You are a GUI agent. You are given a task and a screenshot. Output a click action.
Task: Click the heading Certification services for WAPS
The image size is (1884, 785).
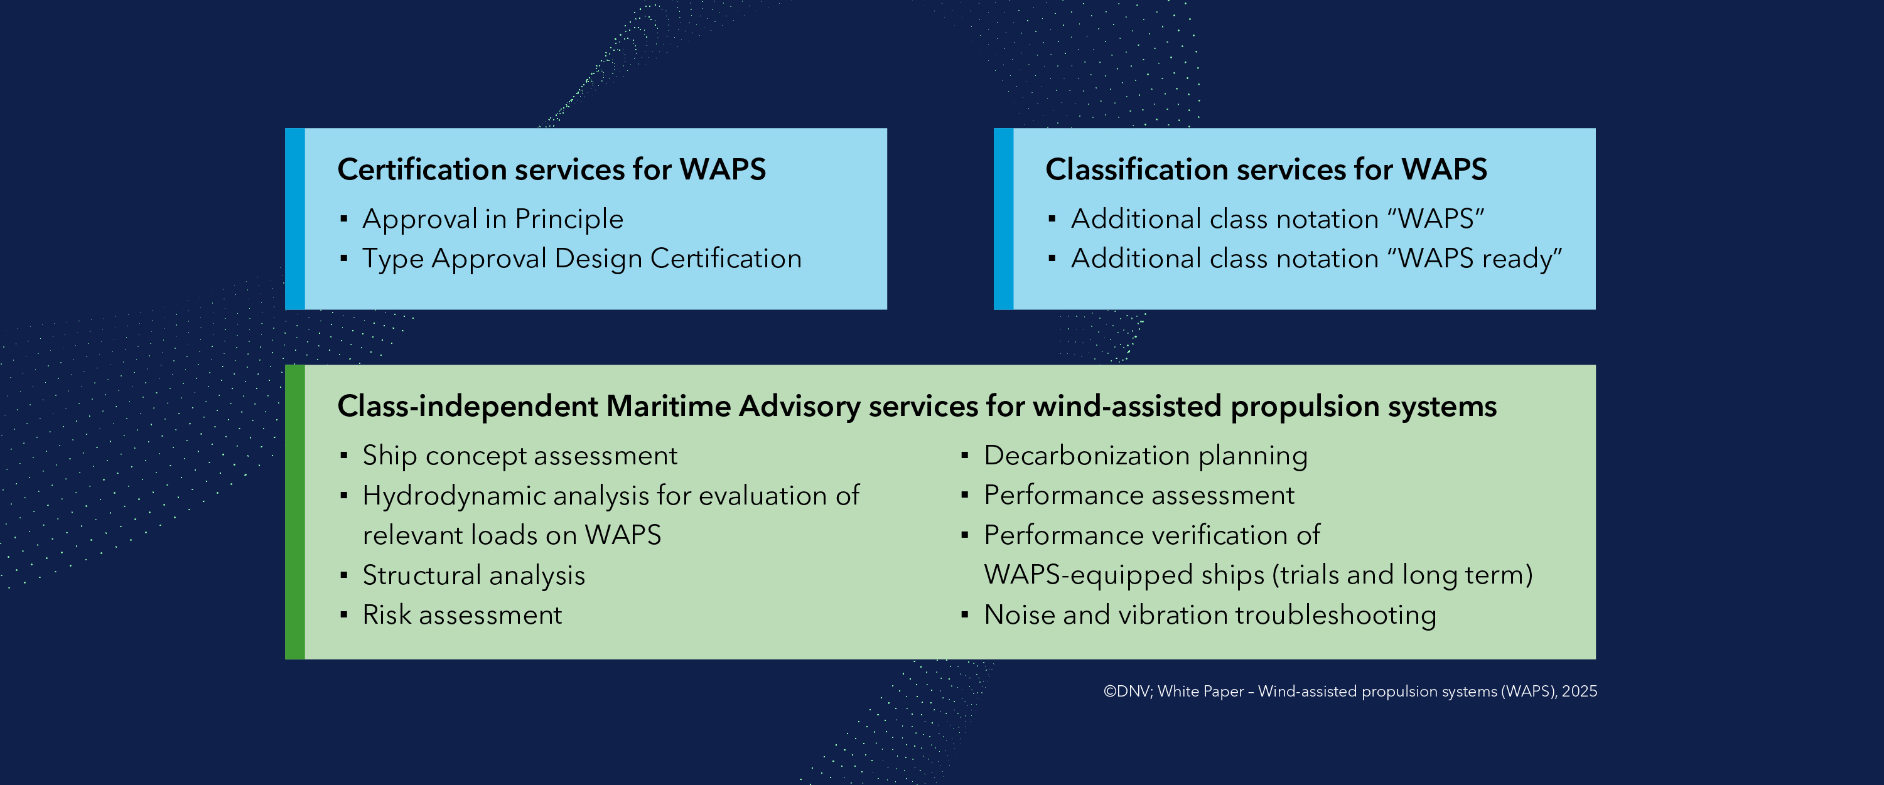click(x=551, y=169)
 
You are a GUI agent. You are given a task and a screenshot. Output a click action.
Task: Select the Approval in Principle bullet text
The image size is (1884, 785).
click(x=492, y=219)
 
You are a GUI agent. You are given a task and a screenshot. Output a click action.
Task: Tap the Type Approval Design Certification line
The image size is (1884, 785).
click(x=581, y=259)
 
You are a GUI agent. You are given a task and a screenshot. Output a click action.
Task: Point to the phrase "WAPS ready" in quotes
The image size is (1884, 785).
click(x=1479, y=259)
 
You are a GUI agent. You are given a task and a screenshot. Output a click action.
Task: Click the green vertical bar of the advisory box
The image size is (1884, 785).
click(x=294, y=511)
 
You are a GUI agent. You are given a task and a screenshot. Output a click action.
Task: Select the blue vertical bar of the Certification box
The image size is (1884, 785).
click(x=294, y=219)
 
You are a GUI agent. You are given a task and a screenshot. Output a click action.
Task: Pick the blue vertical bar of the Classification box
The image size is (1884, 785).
click(x=1003, y=219)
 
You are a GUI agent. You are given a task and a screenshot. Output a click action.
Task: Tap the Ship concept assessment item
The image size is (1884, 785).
click(x=519, y=456)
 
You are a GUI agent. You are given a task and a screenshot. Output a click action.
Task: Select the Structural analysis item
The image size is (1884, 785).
click(x=473, y=575)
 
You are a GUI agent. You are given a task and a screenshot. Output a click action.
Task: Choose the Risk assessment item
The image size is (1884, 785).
click(x=461, y=616)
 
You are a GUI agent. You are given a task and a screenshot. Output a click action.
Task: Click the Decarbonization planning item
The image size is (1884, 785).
click(x=1145, y=456)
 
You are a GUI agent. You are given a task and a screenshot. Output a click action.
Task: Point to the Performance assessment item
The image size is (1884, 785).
click(x=1139, y=496)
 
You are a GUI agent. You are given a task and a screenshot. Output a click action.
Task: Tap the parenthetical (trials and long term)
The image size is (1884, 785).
click(x=1402, y=575)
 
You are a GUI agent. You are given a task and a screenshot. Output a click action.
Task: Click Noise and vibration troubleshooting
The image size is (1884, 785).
click(x=1210, y=616)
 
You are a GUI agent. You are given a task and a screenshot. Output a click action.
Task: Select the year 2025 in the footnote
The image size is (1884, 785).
click(x=1579, y=692)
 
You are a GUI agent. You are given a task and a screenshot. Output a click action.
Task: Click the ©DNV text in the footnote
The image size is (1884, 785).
click(x=1125, y=692)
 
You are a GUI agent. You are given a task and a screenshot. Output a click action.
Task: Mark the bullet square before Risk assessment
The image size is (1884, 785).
click(x=344, y=616)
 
